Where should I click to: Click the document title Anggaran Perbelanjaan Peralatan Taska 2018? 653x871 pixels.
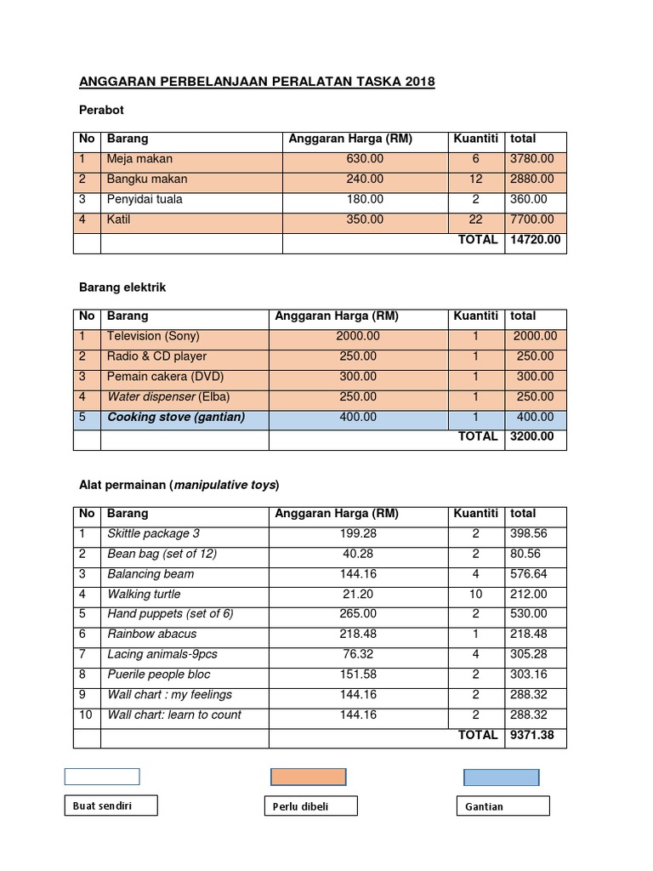256,83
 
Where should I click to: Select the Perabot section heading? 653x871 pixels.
101,111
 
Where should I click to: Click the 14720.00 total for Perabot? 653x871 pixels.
535,241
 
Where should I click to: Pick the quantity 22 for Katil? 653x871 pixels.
475,219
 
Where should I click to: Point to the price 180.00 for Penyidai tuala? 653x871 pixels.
365,200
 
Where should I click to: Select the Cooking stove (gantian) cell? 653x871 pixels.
175,418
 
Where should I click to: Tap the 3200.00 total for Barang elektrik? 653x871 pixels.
531,437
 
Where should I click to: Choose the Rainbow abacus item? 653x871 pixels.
151,634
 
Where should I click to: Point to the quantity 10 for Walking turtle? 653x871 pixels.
475,595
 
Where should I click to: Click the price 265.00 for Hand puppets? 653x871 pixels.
357,614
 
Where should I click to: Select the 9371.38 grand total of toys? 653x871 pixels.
531,736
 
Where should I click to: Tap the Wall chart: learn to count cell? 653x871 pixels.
173,715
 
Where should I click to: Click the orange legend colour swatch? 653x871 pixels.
309,777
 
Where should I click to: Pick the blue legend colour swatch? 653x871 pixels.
501,777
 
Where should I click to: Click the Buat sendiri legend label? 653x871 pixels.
111,805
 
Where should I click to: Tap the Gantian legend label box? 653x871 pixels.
503,806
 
